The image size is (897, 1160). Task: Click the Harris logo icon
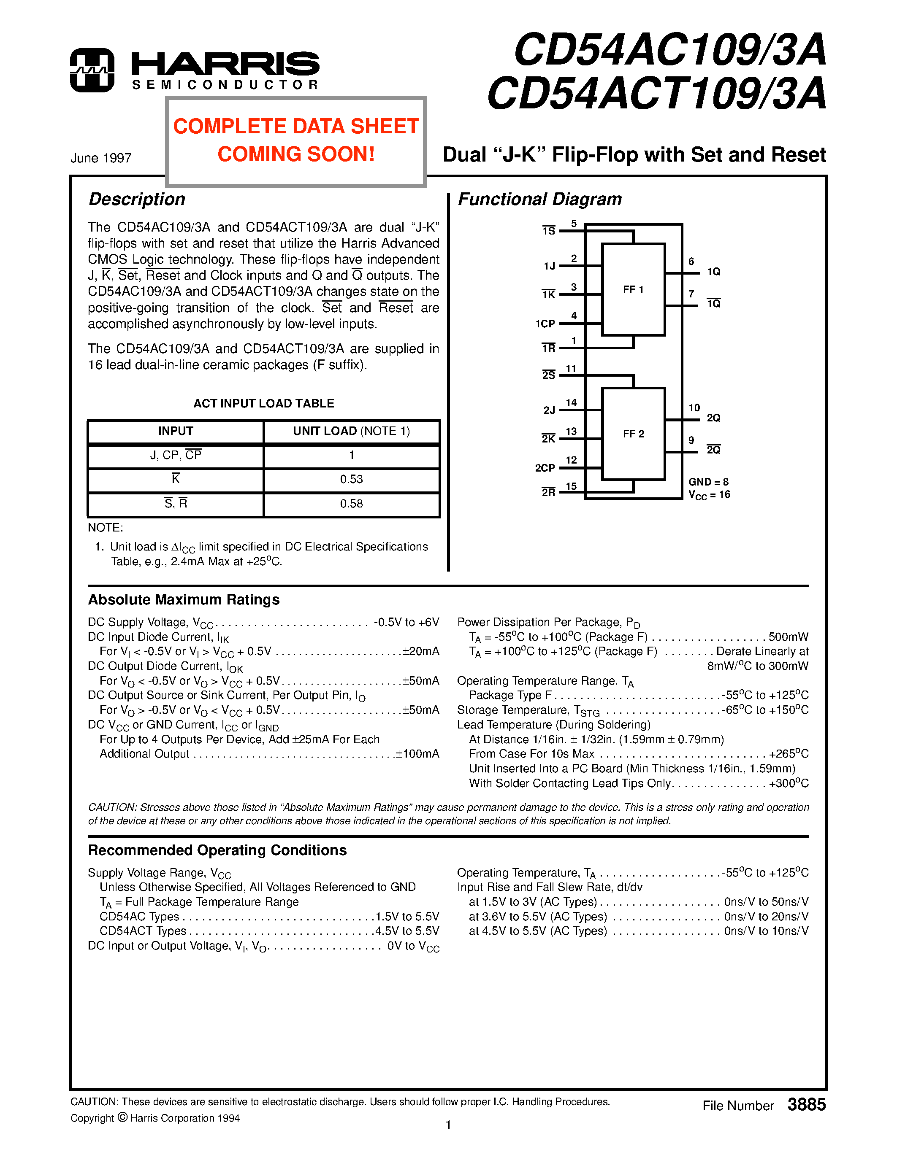tap(92, 70)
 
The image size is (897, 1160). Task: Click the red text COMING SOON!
tap(296, 154)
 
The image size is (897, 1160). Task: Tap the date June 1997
tap(101, 158)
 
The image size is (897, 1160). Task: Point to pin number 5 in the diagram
tap(574, 224)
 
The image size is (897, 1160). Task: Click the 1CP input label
tap(545, 324)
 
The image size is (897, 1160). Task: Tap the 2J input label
tap(549, 410)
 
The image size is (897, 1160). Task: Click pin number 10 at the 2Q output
tap(694, 408)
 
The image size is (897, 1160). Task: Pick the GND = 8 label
tap(708, 482)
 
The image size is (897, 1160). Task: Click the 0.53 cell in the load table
tap(351, 479)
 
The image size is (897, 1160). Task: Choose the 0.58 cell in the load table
tap(351, 504)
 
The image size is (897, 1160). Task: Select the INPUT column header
tap(175, 431)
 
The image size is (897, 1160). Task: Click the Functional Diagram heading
tap(539, 199)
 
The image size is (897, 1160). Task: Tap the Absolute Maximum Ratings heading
tap(184, 600)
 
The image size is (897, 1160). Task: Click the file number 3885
tap(806, 1105)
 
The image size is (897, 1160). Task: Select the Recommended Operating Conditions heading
tap(217, 850)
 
